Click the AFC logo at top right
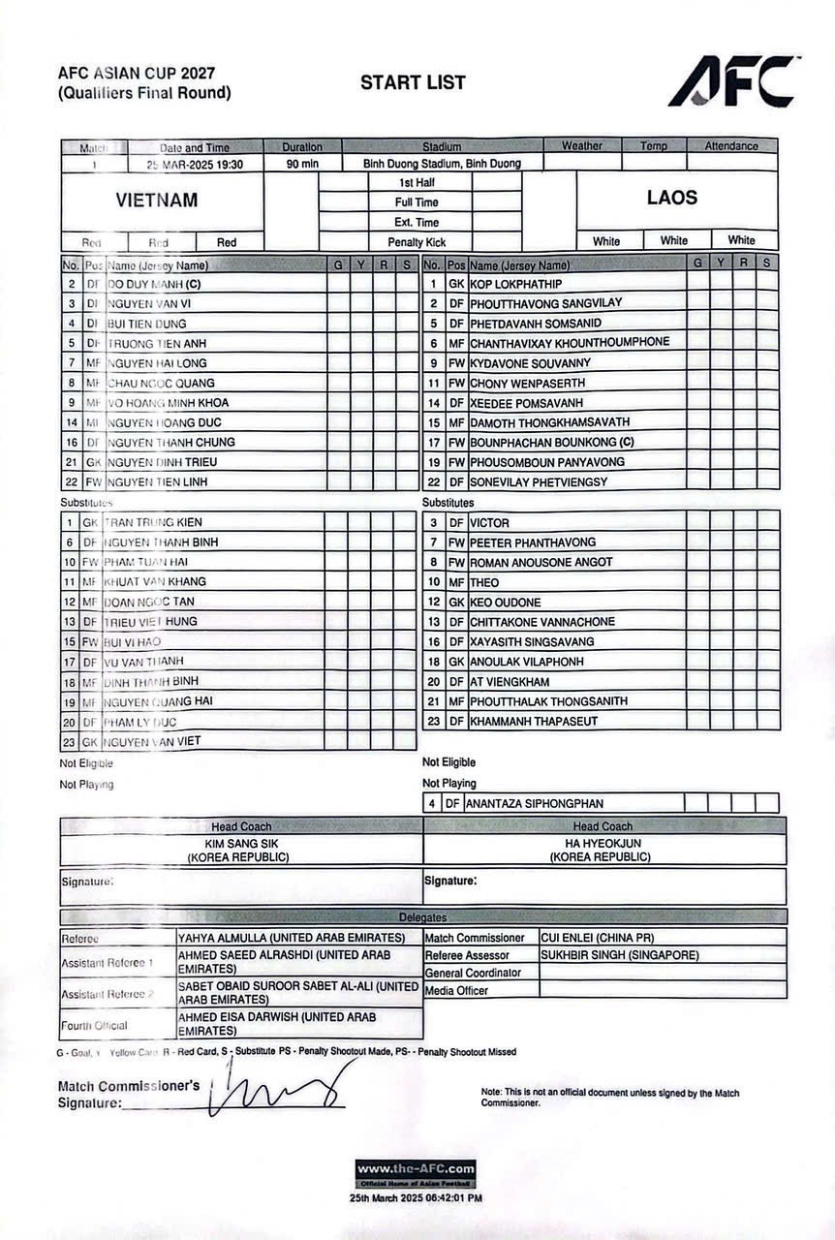click(x=733, y=81)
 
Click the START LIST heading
click(x=413, y=83)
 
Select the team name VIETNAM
click(x=157, y=201)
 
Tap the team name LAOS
click(x=671, y=198)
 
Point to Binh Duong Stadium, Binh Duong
click(x=442, y=164)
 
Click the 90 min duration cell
click(x=302, y=164)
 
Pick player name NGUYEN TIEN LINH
click(x=157, y=481)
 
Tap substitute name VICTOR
click(x=489, y=523)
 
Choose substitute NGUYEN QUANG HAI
click(x=159, y=700)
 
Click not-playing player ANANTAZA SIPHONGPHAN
click(x=535, y=803)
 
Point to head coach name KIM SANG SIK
click(x=242, y=844)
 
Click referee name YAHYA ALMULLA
click(x=291, y=938)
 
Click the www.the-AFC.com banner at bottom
click(x=416, y=1169)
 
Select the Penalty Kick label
click(x=417, y=242)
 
